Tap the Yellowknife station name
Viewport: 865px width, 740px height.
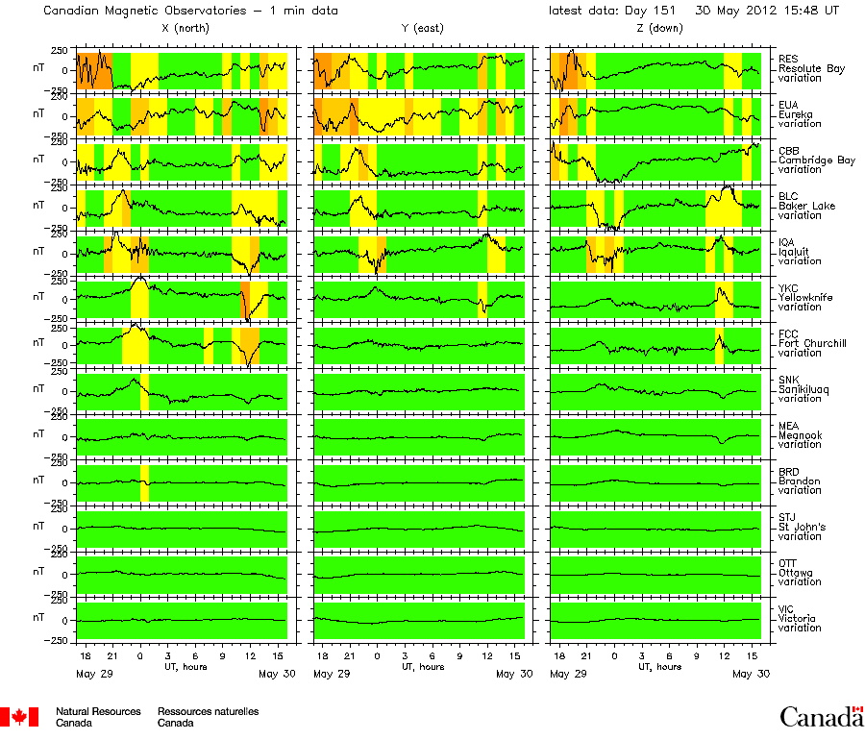coord(802,297)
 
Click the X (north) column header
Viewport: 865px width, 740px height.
coord(185,29)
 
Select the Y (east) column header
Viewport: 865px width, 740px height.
coord(421,29)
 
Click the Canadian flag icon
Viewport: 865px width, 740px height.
coord(19,716)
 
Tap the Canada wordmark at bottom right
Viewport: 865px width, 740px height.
coord(821,716)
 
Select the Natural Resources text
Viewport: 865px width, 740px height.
coord(98,711)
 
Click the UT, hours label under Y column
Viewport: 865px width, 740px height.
coord(421,665)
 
